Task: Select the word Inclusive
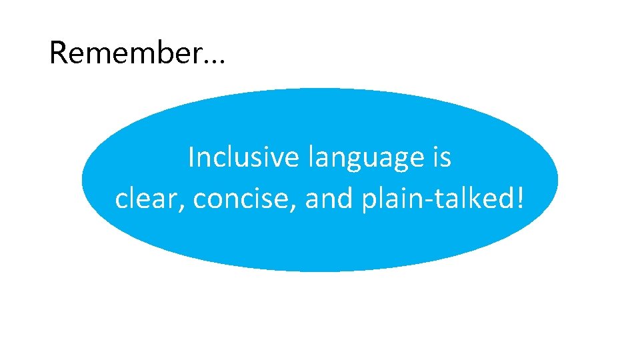pyautogui.click(x=245, y=158)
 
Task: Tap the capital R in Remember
pyautogui.click(x=59, y=53)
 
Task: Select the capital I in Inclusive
pyautogui.click(x=192, y=158)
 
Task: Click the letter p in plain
pyautogui.click(x=369, y=203)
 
